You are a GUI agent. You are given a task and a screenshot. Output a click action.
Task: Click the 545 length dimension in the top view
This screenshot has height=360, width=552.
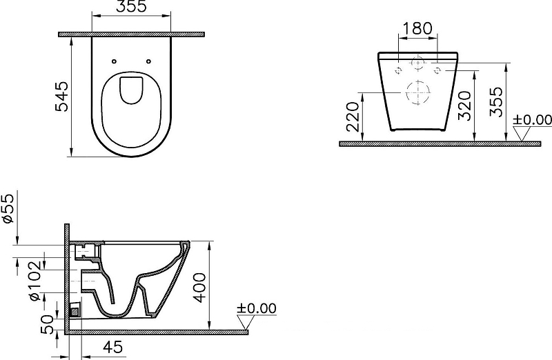point(61,97)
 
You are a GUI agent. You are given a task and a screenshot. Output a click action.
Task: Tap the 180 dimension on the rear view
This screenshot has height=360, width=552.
point(417,28)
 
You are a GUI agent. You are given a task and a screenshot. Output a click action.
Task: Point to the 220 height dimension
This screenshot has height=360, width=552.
point(352,117)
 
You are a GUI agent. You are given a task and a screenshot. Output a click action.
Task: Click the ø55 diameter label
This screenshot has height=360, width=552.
point(8,207)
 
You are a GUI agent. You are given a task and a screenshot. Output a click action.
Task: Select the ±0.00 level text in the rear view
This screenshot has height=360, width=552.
point(532,120)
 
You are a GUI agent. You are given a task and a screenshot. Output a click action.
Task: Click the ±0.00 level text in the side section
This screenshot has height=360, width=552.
point(256,308)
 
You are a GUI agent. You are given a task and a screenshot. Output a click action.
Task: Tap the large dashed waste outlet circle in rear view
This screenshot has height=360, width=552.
point(417,92)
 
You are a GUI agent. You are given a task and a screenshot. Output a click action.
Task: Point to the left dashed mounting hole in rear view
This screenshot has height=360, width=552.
point(399,70)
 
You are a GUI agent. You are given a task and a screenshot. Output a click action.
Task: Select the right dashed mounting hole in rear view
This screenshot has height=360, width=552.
point(436,70)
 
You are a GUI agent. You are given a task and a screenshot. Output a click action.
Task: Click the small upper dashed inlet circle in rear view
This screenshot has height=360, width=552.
point(417,63)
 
